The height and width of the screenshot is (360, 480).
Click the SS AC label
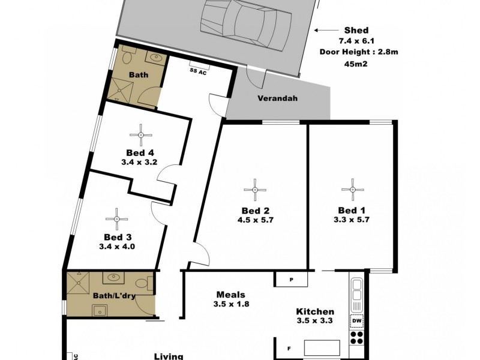(198, 71)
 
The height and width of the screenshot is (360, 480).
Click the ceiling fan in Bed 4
(140, 134)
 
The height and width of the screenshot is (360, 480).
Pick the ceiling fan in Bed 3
(116, 217)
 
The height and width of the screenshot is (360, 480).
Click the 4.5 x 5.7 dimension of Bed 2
(255, 220)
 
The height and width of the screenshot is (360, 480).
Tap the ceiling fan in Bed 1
(352, 190)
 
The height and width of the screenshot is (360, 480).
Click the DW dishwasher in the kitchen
(356, 321)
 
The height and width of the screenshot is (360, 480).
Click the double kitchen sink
(356, 290)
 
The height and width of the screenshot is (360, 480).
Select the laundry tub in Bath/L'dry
(98, 310)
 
